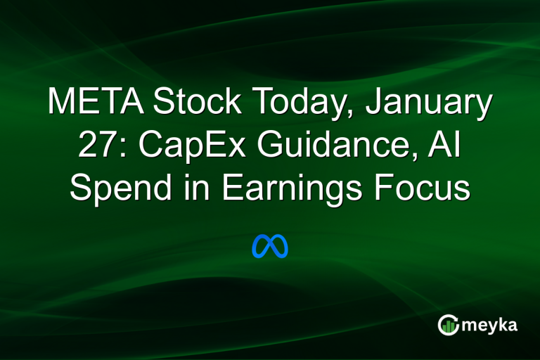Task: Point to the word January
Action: tap(434, 103)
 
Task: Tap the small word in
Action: tap(185, 189)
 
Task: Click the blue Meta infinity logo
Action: tap(270, 246)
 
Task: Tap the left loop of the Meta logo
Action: tap(261, 247)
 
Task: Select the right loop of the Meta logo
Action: tap(279, 247)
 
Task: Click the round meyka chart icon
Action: tap(448, 325)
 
